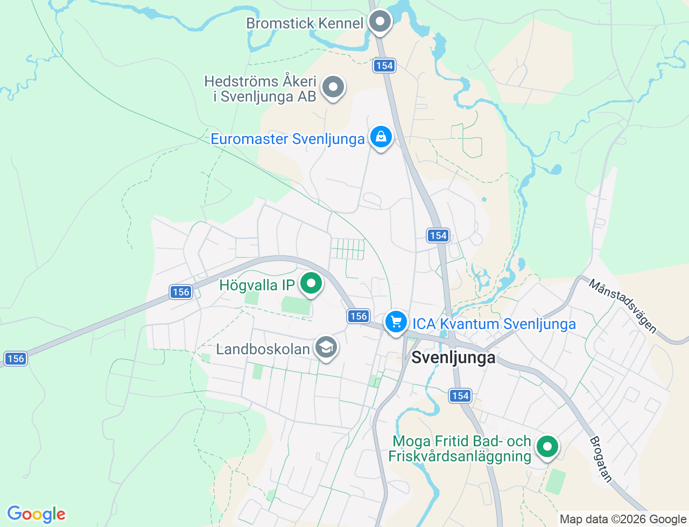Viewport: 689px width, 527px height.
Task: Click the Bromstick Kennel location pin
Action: (381, 22)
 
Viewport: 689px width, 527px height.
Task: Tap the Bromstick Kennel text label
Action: (305, 23)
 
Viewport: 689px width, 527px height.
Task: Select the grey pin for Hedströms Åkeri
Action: (333, 87)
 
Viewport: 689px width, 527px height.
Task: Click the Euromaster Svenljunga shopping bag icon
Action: (381, 137)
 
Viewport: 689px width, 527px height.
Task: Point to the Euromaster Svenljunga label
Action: (287, 139)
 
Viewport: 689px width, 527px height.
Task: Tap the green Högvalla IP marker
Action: (311, 283)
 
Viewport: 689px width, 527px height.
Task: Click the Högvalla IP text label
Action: (257, 285)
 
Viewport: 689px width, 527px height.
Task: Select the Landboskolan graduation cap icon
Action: (326, 347)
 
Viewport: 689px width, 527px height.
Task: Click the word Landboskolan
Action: (263, 349)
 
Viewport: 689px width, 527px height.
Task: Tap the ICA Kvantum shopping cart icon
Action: (396, 322)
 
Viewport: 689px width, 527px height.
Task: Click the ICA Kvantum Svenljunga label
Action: (494, 324)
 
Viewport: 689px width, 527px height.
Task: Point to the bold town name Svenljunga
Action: (453, 358)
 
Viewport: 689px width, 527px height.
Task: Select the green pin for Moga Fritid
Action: (547, 447)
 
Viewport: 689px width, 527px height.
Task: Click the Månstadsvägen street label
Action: (623, 305)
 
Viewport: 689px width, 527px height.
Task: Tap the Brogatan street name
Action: (601, 459)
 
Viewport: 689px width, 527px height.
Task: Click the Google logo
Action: (36, 514)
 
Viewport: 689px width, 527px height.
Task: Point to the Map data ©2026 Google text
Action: (623, 519)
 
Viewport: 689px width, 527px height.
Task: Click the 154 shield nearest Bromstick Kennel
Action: (384, 66)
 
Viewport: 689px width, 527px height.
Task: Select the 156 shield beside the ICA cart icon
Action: (358, 316)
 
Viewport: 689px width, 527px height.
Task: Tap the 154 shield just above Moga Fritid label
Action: (460, 396)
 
